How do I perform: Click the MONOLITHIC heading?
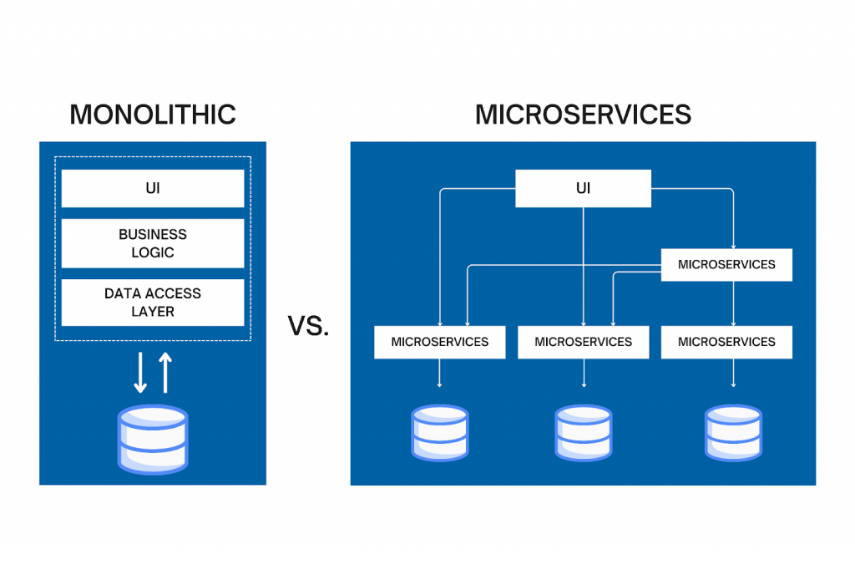point(153,114)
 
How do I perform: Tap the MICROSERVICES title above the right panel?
point(583,114)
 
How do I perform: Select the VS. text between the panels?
point(308,326)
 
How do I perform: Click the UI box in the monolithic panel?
point(153,189)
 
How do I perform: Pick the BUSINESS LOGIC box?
point(153,243)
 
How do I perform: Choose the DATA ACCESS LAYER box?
point(153,303)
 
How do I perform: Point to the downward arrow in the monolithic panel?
point(140,373)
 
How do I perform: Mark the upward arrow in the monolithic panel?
point(165,373)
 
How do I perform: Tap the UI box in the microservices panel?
point(583,189)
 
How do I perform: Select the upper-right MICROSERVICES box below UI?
point(726,265)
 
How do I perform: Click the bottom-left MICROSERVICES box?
point(439,342)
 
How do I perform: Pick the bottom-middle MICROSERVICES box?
point(583,342)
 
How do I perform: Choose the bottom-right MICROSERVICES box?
point(726,342)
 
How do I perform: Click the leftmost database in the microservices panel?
point(439,433)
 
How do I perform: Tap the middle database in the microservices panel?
point(583,433)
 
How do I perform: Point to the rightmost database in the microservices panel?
point(733,433)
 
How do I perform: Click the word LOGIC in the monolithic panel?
point(153,252)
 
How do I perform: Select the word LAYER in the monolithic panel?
point(153,312)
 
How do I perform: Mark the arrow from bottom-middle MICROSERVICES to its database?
point(584,374)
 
